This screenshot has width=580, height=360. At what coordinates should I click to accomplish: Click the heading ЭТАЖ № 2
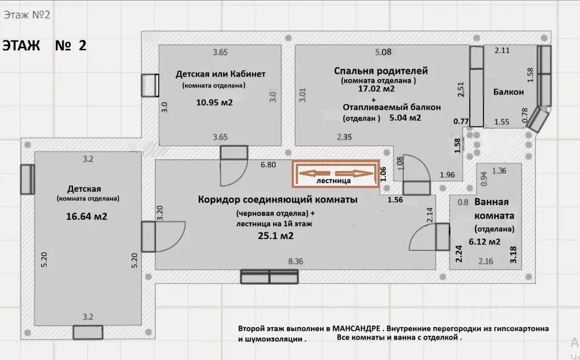pos(45,46)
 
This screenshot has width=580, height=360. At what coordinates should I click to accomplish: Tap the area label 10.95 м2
pos(214,104)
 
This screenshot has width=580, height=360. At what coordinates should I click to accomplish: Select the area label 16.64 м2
pos(87,216)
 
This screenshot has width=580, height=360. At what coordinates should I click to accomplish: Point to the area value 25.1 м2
pos(275,236)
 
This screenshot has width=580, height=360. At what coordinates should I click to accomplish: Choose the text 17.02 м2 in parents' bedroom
pos(376,89)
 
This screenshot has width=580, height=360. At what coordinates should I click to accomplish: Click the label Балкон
pos(508,92)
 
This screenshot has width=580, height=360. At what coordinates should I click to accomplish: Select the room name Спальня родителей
pos(381,71)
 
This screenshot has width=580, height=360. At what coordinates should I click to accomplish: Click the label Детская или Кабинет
pos(220,74)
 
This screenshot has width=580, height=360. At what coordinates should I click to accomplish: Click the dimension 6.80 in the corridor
pos(268,165)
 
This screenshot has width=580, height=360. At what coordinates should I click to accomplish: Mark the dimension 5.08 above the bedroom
pos(383,53)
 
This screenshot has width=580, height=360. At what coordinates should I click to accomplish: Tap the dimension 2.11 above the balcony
pos(502,51)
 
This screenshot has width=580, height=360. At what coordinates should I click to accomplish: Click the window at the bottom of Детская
pos(87,332)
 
